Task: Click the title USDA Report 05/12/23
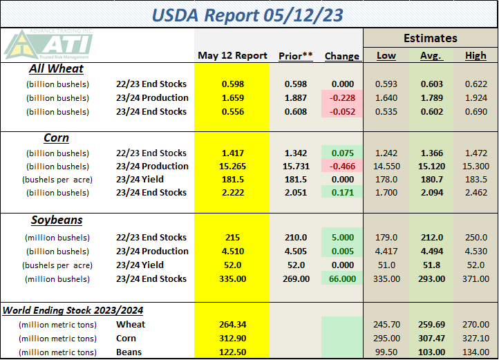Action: point(249,14)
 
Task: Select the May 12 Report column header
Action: point(232,55)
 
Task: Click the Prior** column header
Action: point(295,55)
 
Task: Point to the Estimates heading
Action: point(431,38)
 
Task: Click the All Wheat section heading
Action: point(57,68)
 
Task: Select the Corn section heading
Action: point(56,138)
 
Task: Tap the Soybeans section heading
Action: point(56,220)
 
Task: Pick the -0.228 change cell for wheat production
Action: point(341,97)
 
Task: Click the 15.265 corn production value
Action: point(232,166)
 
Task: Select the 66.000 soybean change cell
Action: point(341,278)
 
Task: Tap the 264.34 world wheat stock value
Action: point(232,324)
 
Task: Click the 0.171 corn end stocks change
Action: point(341,193)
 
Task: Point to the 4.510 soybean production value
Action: point(232,251)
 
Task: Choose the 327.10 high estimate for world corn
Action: point(476,338)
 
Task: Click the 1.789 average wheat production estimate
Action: point(431,97)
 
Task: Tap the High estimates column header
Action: point(476,55)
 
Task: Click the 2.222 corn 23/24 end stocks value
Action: point(232,193)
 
